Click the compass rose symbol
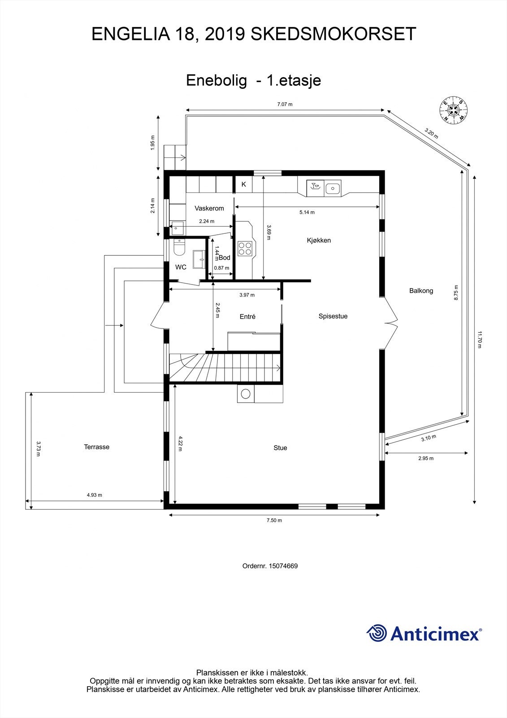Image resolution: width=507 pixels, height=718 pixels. [454, 110]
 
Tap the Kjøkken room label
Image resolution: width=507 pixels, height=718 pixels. [319, 241]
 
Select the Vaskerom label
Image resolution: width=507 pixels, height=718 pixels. [209, 208]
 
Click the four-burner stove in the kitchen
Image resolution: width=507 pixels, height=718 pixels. [245, 248]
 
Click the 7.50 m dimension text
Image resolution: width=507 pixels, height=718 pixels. [274, 521]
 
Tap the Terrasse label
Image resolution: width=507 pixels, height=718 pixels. [96, 447]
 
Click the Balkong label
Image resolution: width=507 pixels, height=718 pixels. [421, 291]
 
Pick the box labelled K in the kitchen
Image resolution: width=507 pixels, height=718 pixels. [244, 184]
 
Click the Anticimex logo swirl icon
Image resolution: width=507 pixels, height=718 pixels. [377, 633]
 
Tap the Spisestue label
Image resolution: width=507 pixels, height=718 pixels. [333, 316]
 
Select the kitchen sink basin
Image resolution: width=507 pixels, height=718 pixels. [333, 188]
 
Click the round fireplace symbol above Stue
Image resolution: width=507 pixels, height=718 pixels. [246, 394]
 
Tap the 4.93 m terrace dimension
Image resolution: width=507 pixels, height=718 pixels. [94, 495]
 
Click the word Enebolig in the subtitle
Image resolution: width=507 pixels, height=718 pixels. [217, 80]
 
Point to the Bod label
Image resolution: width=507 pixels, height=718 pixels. [224, 258]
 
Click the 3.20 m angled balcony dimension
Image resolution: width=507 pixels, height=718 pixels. [431, 133]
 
